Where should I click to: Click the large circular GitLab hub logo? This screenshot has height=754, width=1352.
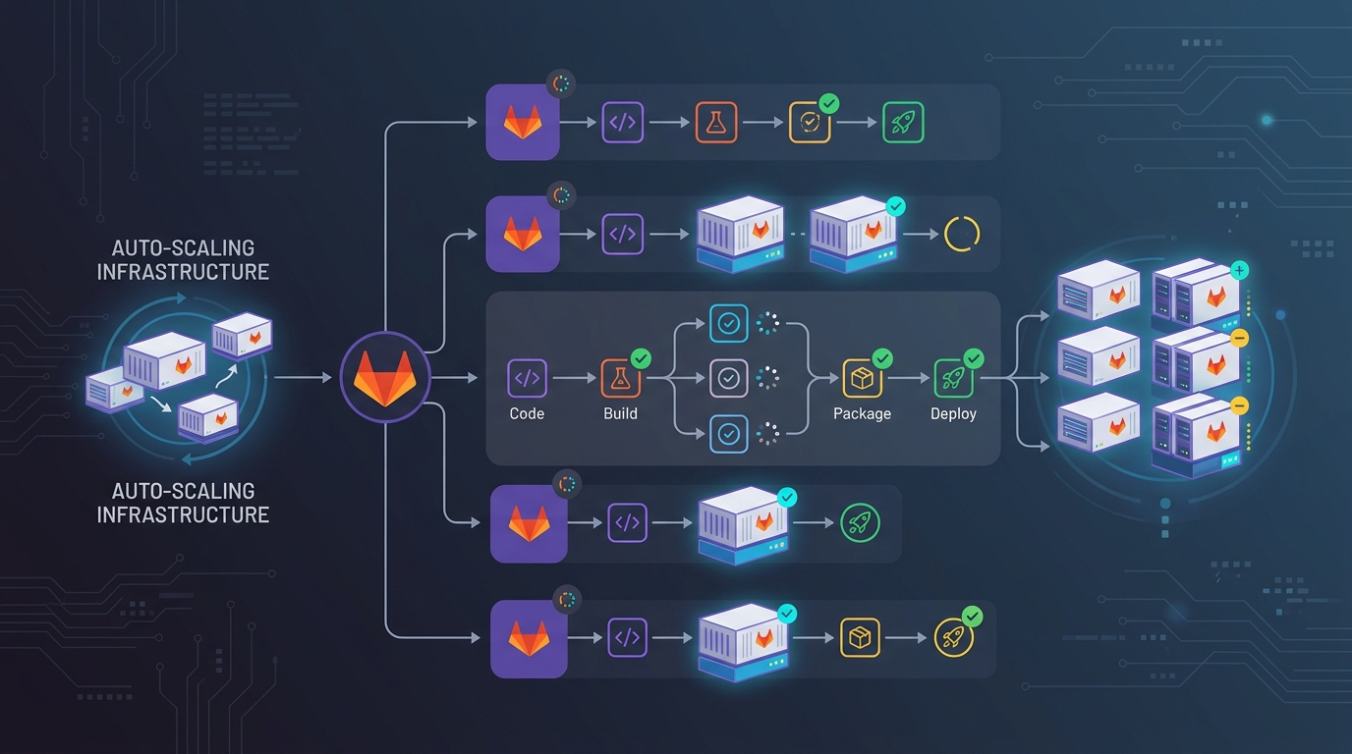pyautogui.click(x=385, y=377)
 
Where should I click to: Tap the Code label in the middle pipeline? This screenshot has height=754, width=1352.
pyautogui.click(x=527, y=413)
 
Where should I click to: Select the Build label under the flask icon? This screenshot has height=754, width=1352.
pyautogui.click(x=620, y=413)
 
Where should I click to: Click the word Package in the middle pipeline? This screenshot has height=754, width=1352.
pyautogui.click(x=862, y=413)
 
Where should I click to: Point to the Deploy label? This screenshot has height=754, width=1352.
pyautogui.click(x=953, y=413)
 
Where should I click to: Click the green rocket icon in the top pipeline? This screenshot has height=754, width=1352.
pyautogui.click(x=903, y=123)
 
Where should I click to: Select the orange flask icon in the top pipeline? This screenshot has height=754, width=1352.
pyautogui.click(x=715, y=123)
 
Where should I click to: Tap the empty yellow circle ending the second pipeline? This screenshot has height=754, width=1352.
pyautogui.click(x=961, y=235)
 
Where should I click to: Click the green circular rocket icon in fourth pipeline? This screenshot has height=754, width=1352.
pyautogui.click(x=860, y=523)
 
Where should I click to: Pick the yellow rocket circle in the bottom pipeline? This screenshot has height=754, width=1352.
pyautogui.click(x=953, y=638)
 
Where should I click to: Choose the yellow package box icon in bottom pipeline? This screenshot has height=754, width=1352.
pyautogui.click(x=861, y=638)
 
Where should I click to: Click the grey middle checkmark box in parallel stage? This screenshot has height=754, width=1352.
pyautogui.click(x=729, y=378)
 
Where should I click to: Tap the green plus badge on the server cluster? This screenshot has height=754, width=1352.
pyautogui.click(x=1239, y=270)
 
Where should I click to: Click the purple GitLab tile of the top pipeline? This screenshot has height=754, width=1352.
pyautogui.click(x=522, y=123)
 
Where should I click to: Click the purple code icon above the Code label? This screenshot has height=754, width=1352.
pyautogui.click(x=527, y=378)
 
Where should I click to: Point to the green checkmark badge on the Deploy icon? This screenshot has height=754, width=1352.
pyautogui.click(x=973, y=359)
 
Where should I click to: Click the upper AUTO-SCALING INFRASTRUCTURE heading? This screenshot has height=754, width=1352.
pyautogui.click(x=183, y=259)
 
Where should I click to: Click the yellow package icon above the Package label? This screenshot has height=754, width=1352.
pyautogui.click(x=862, y=378)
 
